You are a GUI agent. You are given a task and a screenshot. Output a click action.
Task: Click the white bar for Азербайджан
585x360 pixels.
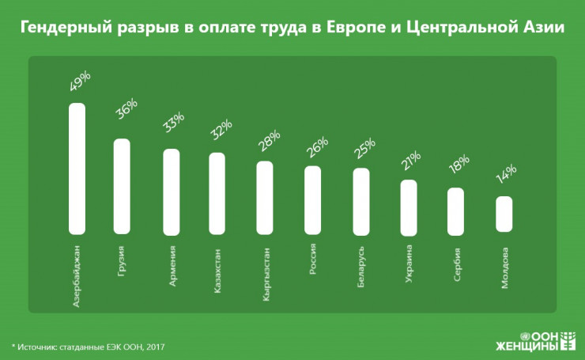(77, 169)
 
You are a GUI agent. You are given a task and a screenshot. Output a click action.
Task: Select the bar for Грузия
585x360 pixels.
(122, 187)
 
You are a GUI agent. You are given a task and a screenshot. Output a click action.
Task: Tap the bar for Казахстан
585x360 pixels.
(217, 193)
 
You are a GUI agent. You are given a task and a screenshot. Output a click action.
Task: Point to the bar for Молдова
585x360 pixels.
(504, 214)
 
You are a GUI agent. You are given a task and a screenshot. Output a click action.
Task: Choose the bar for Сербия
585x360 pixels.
(455, 211)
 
